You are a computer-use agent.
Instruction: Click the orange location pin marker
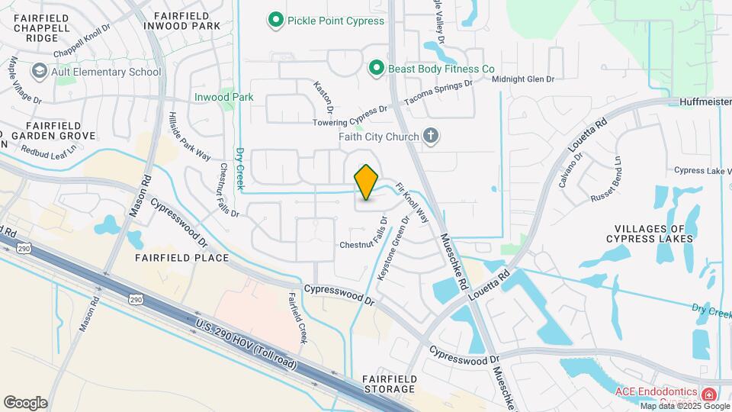click(367, 182)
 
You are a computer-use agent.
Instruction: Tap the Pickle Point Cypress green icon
click(275, 21)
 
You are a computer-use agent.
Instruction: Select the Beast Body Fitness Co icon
click(375, 69)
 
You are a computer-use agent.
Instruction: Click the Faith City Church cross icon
click(431, 137)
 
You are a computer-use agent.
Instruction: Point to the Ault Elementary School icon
click(39, 72)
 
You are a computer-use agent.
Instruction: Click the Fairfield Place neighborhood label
click(181, 258)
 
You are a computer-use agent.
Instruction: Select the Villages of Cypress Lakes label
click(656, 233)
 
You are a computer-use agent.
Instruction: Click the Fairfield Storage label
click(389, 384)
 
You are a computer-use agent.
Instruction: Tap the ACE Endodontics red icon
click(709, 394)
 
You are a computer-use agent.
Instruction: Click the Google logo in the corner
click(25, 403)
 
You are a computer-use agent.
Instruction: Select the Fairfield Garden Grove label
click(59, 130)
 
